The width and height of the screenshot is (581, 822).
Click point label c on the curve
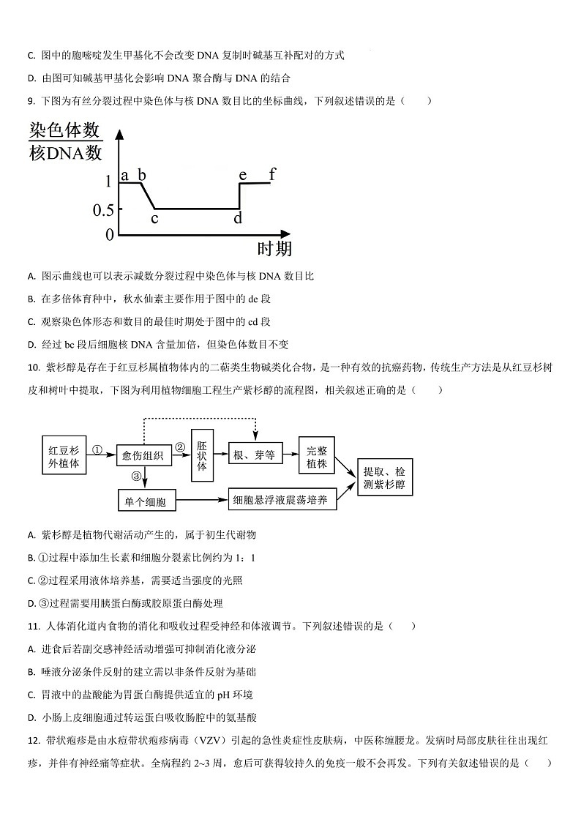154,217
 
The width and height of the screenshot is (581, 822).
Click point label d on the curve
237,218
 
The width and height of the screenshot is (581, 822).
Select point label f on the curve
272,174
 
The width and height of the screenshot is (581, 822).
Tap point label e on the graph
243,175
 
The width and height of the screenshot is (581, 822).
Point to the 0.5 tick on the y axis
103,210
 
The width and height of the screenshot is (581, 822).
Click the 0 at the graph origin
110,234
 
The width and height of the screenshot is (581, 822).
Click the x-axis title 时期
274,249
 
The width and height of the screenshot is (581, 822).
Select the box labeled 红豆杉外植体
64,456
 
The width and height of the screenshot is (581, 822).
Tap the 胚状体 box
202,455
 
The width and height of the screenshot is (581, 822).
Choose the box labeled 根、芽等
255,455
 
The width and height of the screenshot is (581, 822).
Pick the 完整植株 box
317,456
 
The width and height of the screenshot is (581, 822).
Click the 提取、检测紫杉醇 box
385,478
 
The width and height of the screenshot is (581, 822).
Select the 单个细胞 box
146,501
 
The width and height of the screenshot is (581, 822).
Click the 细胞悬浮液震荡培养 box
282,501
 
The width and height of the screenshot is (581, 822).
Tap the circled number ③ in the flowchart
136,477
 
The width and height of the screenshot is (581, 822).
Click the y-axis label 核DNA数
65,154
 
